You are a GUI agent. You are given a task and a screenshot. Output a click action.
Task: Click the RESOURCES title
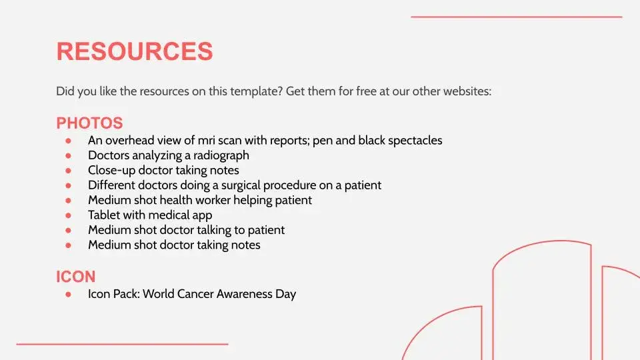pos(135,51)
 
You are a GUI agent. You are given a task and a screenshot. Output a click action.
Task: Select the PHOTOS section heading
pos(89,123)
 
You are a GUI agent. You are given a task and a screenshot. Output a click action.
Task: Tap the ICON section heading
pos(76,277)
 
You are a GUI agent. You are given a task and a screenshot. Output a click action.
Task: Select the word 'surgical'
pos(241,185)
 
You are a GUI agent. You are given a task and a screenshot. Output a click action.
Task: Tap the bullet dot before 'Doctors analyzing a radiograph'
pos(68,155)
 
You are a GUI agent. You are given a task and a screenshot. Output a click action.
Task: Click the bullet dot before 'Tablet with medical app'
pos(68,215)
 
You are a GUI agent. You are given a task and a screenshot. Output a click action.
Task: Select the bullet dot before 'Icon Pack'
pos(68,294)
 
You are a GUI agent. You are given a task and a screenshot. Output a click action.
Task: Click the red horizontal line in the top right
pos(516,17)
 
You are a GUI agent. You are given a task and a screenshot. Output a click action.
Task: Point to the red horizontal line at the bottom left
pos(123,344)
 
